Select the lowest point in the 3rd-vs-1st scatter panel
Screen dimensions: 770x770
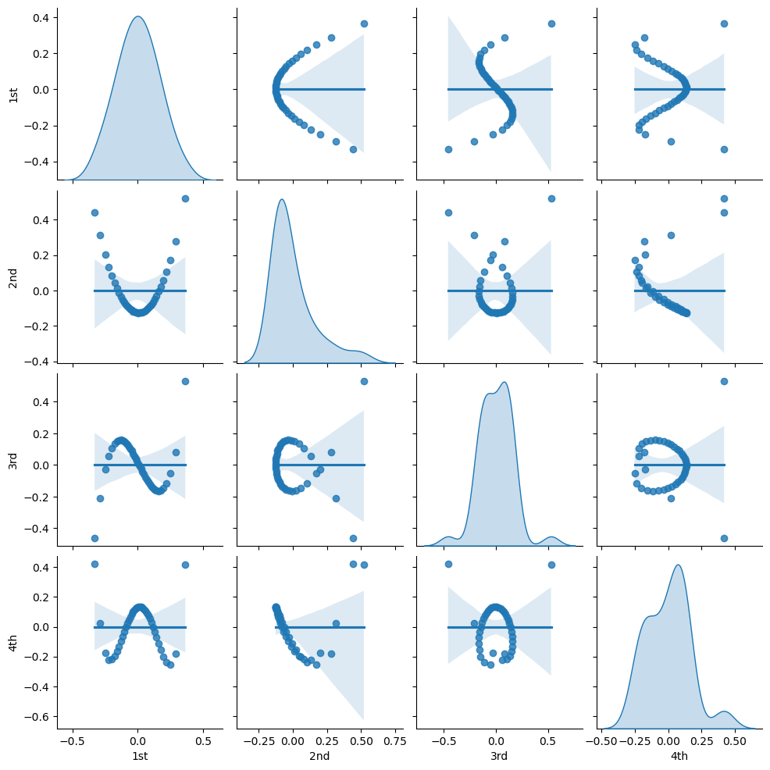pyautogui.click(x=94, y=538)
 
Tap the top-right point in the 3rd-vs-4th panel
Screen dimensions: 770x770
pyautogui.click(x=724, y=381)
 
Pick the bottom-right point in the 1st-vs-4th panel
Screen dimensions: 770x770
pyautogui.click(x=724, y=149)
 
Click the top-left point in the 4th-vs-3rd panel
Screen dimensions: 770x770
pyautogui.click(x=448, y=564)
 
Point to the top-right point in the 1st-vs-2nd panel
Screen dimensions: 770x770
pyautogui.click(x=364, y=23)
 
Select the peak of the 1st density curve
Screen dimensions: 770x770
pyautogui.click(x=137, y=16)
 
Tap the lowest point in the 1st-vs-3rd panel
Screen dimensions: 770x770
pyautogui.click(x=448, y=149)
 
